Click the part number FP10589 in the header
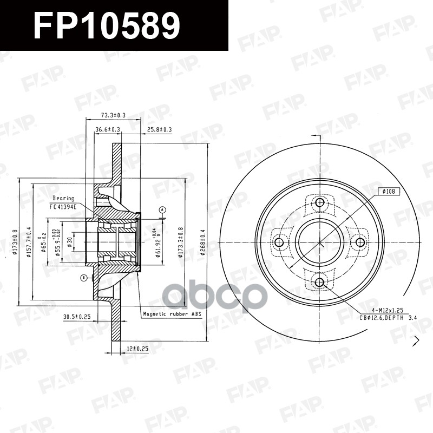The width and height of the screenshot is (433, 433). pyautogui.click(x=106, y=25)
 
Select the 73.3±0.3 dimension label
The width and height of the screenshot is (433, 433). pyautogui.click(x=113, y=115)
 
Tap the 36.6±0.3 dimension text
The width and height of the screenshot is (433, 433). pyautogui.click(x=108, y=130)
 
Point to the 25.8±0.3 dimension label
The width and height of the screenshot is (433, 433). pyautogui.click(x=159, y=130)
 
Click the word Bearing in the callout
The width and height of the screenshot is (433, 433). pyautogui.click(x=63, y=199)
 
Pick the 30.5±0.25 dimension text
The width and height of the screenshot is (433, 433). pyautogui.click(x=76, y=316)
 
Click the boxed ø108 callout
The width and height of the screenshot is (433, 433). pyautogui.click(x=389, y=191)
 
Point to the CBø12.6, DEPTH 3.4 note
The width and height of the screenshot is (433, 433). pyautogui.click(x=389, y=317)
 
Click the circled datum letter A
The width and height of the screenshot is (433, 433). pyautogui.click(x=161, y=209)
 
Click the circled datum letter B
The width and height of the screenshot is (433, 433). pyautogui.click(x=83, y=278)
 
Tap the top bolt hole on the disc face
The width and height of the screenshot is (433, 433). pyautogui.click(x=319, y=203)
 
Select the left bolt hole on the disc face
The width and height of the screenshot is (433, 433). pyautogui.click(x=279, y=242)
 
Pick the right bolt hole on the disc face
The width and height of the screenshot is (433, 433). pyautogui.click(x=359, y=242)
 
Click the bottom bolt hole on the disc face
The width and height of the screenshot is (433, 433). pyautogui.click(x=319, y=282)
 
